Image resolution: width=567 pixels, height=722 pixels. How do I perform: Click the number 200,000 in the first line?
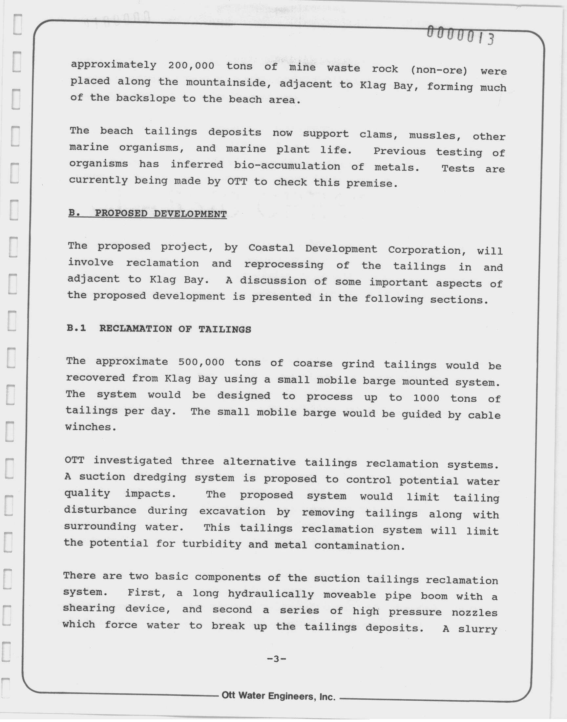(x=191, y=65)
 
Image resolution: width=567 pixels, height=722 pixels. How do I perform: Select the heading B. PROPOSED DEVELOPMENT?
(x=147, y=213)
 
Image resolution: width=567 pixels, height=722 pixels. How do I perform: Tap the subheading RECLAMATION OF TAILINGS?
(x=175, y=329)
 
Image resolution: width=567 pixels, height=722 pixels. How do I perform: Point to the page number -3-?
(x=277, y=659)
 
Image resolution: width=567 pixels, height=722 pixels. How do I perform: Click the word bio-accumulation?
(x=287, y=166)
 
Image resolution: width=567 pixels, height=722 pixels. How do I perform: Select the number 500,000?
(x=201, y=362)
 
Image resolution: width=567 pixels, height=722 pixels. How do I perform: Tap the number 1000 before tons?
(x=426, y=398)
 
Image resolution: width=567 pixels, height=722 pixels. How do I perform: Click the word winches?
(x=91, y=427)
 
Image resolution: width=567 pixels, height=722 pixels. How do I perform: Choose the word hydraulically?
(x=271, y=594)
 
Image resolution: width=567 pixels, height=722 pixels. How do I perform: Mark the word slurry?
(x=477, y=629)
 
